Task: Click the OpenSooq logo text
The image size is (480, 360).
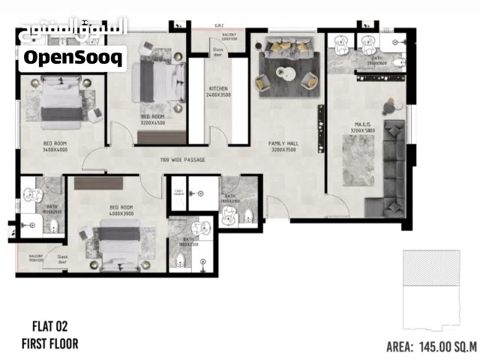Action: tap(73, 56)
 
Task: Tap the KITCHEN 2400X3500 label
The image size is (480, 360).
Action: tap(218, 92)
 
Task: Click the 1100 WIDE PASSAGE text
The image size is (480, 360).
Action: tap(182, 160)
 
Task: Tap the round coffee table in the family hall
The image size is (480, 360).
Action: tap(286, 73)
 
